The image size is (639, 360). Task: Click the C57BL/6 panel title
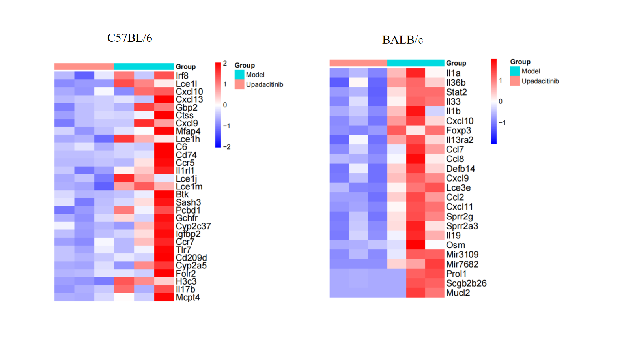[x=129, y=38]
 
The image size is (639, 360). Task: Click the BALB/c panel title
[x=402, y=40]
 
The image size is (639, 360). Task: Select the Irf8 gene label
[x=182, y=75]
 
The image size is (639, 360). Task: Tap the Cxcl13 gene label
[x=189, y=99]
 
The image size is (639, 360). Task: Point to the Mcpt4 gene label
[x=187, y=297]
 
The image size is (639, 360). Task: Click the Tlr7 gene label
[x=183, y=250]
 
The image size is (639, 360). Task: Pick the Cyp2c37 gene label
[x=193, y=226]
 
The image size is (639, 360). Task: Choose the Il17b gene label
[x=185, y=289]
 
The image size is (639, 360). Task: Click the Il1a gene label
[x=453, y=73]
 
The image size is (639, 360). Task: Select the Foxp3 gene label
[x=458, y=130]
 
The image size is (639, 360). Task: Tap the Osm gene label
[x=456, y=245]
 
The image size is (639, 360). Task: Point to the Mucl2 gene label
[x=458, y=292]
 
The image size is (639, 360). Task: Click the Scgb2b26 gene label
[x=466, y=283]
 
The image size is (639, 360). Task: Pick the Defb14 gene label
[x=460, y=169]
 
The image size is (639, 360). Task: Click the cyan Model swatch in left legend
[x=239, y=75]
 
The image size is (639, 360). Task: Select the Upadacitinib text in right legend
[x=540, y=81]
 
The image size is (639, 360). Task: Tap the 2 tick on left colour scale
[x=225, y=63]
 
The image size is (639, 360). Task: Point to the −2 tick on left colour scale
[x=226, y=147]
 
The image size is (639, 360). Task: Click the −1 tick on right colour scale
[x=502, y=122]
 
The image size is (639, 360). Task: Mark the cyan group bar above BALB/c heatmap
[x=415, y=63]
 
